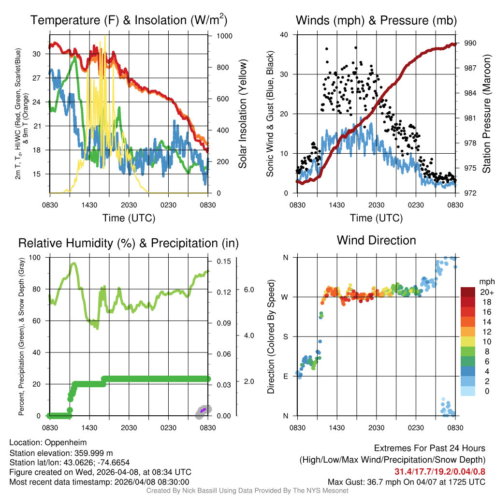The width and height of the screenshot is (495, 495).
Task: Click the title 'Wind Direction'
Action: pos(376,240)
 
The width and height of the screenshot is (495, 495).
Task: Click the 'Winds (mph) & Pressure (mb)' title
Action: pos(376,20)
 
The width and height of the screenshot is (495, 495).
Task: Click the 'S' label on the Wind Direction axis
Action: pos(285,336)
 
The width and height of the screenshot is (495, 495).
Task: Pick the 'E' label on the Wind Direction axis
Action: pos(285,376)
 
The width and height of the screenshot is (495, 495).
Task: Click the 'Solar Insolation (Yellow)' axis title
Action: pos(243,114)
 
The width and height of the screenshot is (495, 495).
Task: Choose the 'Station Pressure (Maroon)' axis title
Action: pos(487,114)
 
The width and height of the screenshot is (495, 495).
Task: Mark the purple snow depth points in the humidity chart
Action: pos(204,410)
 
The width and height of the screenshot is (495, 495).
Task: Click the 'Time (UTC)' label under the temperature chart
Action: pos(129,218)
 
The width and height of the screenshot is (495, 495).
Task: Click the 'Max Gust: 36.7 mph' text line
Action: pos(406,482)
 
